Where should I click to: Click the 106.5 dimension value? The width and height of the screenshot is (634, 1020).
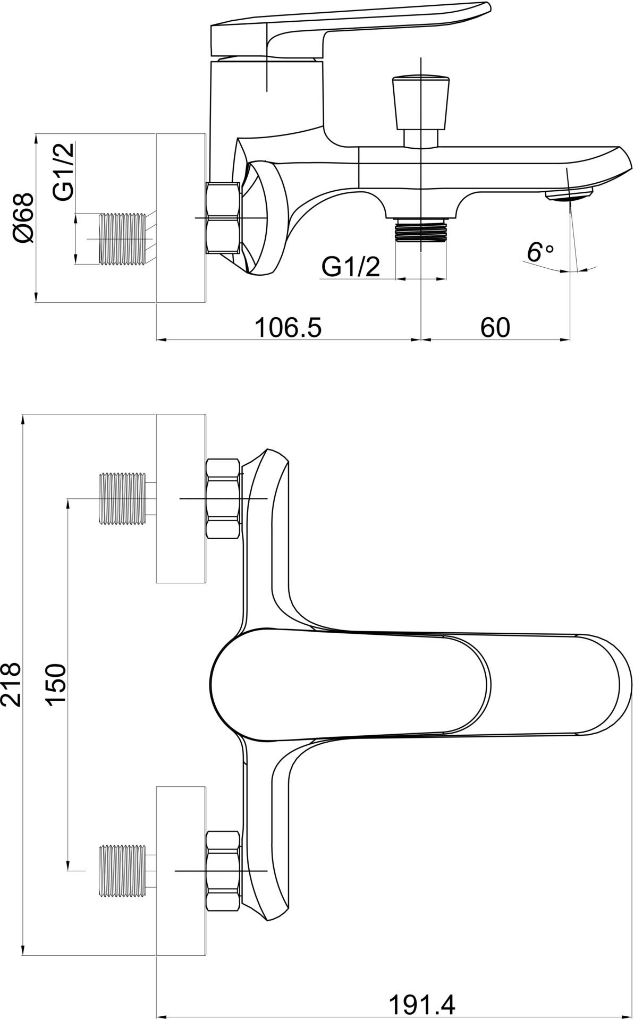click(x=289, y=328)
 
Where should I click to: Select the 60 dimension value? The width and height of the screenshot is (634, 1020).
click(x=495, y=328)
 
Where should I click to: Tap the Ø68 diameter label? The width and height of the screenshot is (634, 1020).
click(x=23, y=218)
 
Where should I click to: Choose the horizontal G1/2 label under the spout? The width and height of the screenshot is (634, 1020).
click(x=351, y=267)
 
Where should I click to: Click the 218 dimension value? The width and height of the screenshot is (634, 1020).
click(x=11, y=683)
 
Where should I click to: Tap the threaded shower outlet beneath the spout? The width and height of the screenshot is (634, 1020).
click(x=421, y=229)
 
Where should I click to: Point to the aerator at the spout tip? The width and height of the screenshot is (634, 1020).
click(x=569, y=195)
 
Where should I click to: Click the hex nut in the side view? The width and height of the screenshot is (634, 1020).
click(x=223, y=217)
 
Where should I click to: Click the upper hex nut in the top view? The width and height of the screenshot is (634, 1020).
click(x=223, y=499)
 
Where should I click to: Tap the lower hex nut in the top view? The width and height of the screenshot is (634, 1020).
click(x=223, y=871)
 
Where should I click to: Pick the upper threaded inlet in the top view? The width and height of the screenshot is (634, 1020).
click(x=122, y=499)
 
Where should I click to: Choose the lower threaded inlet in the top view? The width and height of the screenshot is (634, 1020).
click(x=122, y=871)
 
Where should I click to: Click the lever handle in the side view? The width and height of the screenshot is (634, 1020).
click(x=351, y=27)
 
